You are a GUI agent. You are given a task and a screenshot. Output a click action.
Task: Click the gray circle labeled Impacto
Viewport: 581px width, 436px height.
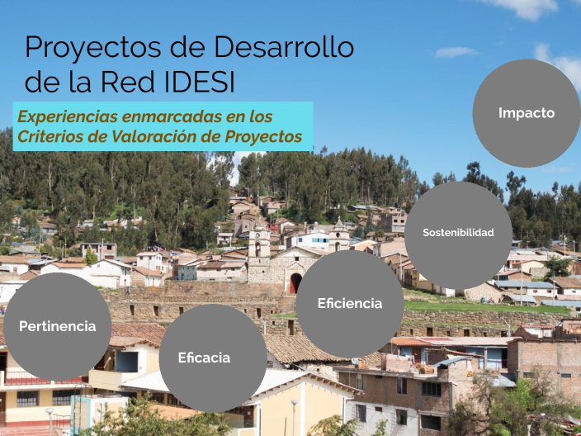[x=527, y=113]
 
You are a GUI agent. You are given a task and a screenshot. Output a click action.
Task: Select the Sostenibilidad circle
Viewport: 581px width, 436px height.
[x=458, y=233]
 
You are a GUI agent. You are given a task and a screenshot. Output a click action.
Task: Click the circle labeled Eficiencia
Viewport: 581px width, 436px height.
[x=350, y=304]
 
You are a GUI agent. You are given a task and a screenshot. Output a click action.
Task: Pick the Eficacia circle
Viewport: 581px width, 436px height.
[x=205, y=358]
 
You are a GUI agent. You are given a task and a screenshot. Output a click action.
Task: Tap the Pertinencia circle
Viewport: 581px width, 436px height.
[x=58, y=326]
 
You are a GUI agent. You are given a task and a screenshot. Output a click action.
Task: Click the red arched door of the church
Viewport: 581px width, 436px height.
[x=295, y=283]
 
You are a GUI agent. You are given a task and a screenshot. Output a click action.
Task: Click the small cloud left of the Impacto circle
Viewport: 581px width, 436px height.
[x=456, y=52]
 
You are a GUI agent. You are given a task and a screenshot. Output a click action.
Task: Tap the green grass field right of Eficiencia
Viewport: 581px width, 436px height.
[x=462, y=305]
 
